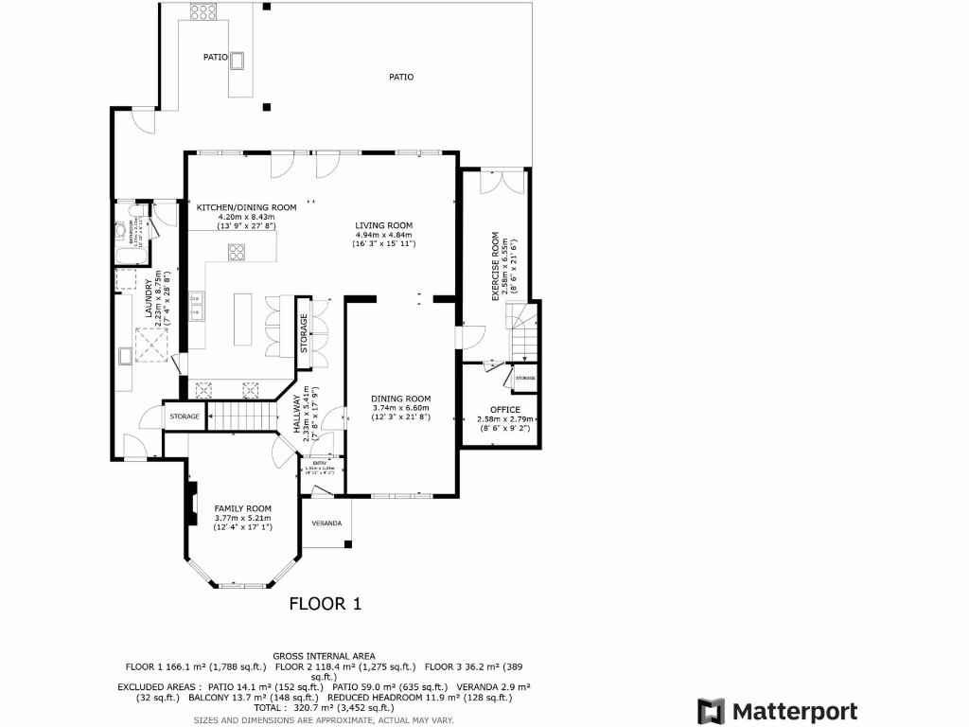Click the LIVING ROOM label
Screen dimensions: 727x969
(x=383, y=225)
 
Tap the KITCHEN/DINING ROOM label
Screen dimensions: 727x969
(x=246, y=207)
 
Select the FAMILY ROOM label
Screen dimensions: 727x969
(x=242, y=507)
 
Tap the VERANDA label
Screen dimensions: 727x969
(x=327, y=523)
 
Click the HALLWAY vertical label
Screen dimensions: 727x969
(x=296, y=415)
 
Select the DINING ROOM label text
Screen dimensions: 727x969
(x=400, y=399)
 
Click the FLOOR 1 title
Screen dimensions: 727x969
(x=325, y=603)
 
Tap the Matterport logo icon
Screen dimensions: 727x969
(x=711, y=712)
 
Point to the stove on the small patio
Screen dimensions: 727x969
(x=203, y=12)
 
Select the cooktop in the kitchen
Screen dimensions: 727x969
(x=237, y=252)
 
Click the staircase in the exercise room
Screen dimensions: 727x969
(x=523, y=331)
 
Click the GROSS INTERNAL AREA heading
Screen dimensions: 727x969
(x=324, y=656)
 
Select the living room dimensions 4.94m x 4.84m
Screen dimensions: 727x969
(x=383, y=235)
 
